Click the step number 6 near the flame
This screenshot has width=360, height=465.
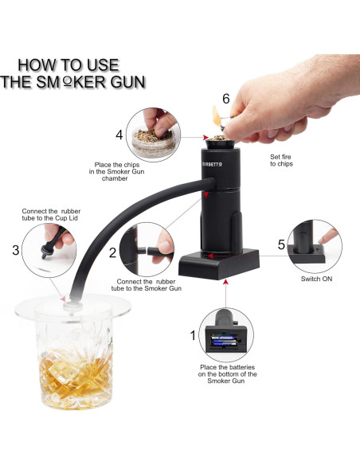click(226, 99)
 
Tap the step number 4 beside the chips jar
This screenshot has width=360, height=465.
click(119, 135)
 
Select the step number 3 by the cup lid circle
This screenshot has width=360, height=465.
click(16, 250)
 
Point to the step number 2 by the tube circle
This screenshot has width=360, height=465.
click(112, 252)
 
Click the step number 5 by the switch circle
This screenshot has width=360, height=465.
click(281, 244)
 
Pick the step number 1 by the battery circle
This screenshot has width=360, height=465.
click(193, 335)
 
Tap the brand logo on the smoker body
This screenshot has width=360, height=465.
click(212, 164)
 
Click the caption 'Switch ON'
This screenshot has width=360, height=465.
click(316, 279)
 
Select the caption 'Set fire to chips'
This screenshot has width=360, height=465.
click(281, 160)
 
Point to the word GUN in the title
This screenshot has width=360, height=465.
click(128, 82)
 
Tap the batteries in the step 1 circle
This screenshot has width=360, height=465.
click(225, 341)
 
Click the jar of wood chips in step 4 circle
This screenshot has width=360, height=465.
click(153, 143)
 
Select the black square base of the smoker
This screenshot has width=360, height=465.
click(219, 264)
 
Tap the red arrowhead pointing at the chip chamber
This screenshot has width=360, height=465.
click(205, 137)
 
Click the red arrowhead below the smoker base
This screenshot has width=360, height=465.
click(225, 281)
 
